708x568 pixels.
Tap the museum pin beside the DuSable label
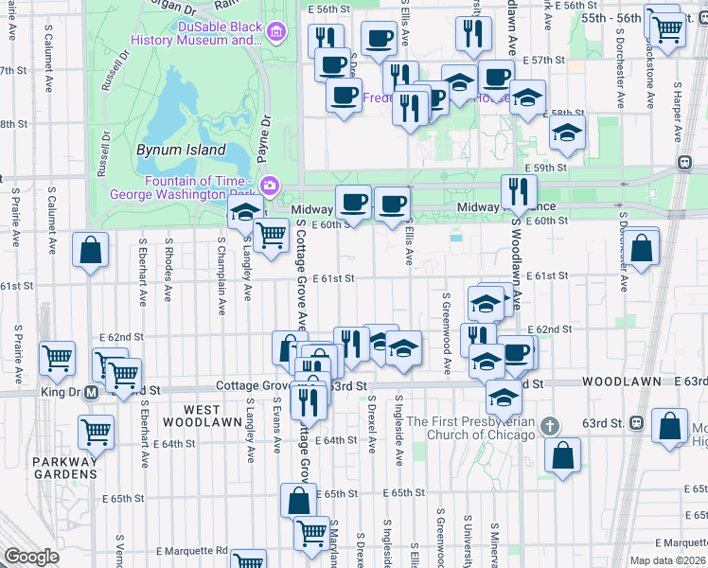click(275, 33)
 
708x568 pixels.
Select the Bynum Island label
click(180, 150)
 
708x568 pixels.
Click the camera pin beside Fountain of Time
click(270, 184)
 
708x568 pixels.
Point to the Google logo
click(31, 557)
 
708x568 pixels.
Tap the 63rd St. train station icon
click(638, 422)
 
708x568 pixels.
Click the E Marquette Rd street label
click(193, 550)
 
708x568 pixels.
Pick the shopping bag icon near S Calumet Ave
click(91, 252)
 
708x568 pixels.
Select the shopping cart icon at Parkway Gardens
click(97, 432)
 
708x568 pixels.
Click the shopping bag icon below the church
click(563, 454)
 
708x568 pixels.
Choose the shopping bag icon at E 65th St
click(298, 500)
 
